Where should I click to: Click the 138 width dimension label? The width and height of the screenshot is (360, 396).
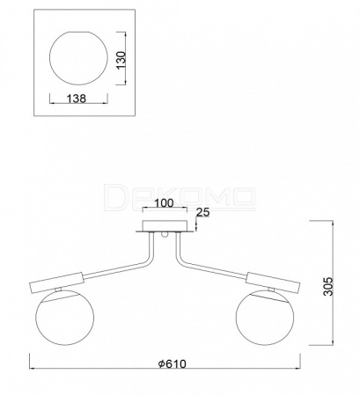point(77,99)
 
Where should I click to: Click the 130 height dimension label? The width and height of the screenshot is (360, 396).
point(121,61)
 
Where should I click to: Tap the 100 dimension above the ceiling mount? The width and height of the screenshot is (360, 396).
point(164,203)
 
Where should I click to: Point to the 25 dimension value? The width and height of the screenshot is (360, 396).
point(203,212)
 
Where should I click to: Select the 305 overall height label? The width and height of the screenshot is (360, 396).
point(328,286)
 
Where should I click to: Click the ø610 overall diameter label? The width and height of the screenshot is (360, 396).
point(172,364)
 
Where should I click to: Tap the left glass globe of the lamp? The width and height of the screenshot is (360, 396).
point(64,317)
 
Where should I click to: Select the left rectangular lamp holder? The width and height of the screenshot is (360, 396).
point(56,282)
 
